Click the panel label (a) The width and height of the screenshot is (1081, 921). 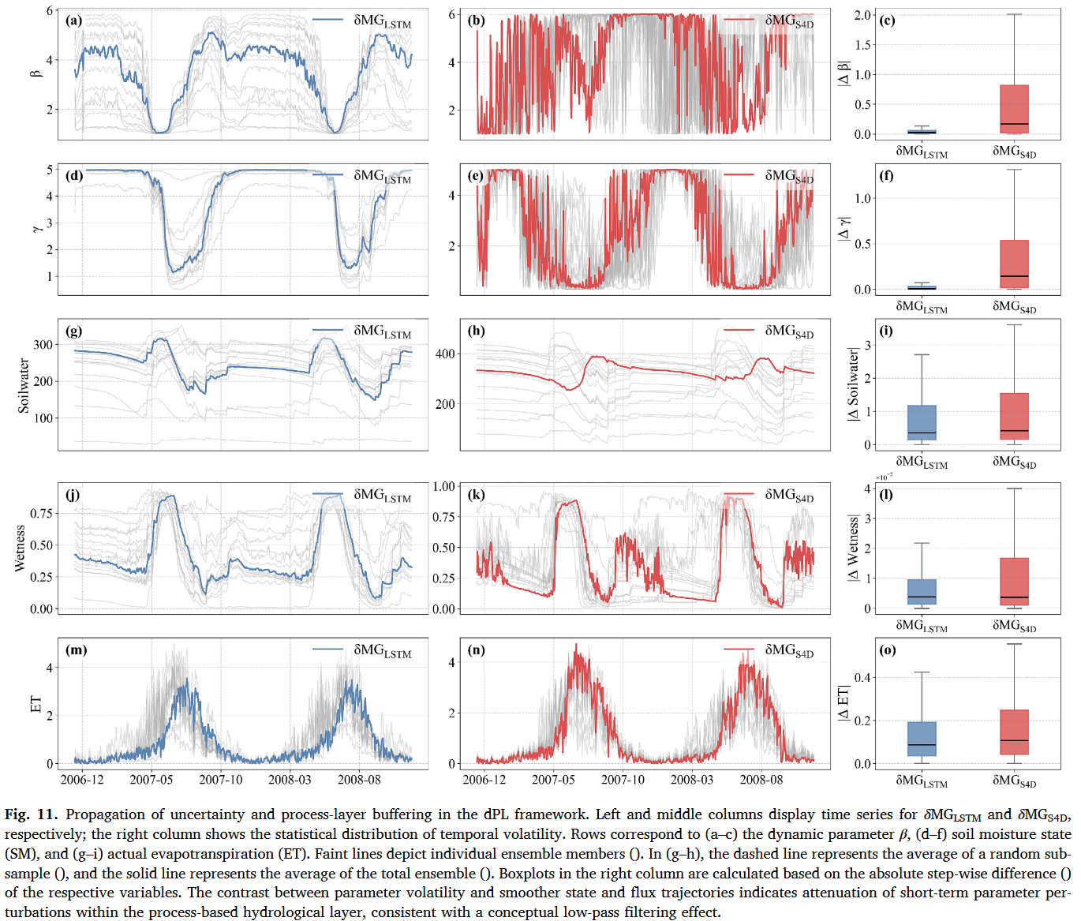click(x=73, y=21)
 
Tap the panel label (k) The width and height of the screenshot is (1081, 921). click(x=477, y=494)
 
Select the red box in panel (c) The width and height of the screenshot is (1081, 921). click(x=1014, y=110)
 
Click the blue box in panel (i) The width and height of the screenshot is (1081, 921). click(x=922, y=422)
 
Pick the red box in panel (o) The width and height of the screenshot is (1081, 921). click(x=1014, y=732)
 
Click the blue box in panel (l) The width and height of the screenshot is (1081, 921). click(x=922, y=592)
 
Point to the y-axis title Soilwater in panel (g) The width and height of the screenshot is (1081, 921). click(x=24, y=385)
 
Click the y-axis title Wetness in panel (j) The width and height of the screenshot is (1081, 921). click(x=20, y=548)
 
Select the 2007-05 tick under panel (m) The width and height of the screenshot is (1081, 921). click(x=151, y=780)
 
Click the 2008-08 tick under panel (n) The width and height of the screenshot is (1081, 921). click(x=761, y=780)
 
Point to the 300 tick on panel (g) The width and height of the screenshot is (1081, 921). click(x=43, y=345)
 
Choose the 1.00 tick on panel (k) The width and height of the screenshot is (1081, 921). click(x=443, y=486)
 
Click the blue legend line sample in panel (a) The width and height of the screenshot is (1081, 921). click(x=328, y=20)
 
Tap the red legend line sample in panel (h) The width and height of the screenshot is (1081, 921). click(x=739, y=330)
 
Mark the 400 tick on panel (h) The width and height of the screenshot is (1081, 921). click(x=445, y=354)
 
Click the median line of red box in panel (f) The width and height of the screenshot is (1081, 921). click(x=1014, y=276)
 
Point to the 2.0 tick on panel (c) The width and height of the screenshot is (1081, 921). click(x=863, y=15)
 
